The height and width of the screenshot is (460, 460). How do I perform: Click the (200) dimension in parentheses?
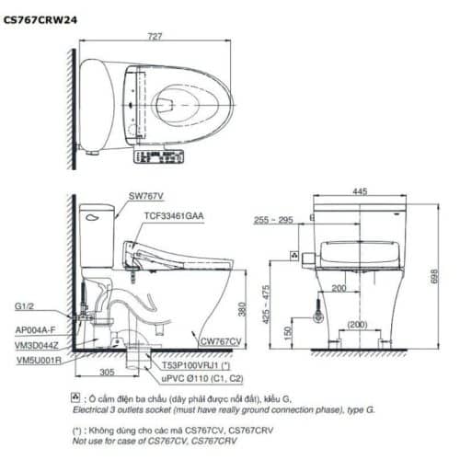[x=359, y=325]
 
